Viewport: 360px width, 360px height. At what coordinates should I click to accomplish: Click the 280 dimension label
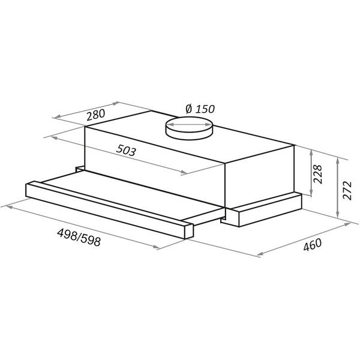tap(95, 115)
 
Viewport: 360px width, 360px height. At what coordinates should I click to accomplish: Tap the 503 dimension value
tap(126, 151)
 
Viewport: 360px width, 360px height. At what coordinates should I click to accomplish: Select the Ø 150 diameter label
tap(200, 109)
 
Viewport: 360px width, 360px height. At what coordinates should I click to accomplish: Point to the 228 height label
tap(318, 174)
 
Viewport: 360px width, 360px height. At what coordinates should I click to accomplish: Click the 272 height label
tap(347, 191)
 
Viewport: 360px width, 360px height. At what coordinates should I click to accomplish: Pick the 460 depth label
tap(313, 245)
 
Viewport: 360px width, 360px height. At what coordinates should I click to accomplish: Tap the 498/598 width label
tap(79, 238)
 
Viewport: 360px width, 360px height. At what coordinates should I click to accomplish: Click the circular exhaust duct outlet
tap(189, 128)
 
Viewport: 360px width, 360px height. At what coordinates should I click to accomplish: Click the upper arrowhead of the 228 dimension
tap(311, 152)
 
